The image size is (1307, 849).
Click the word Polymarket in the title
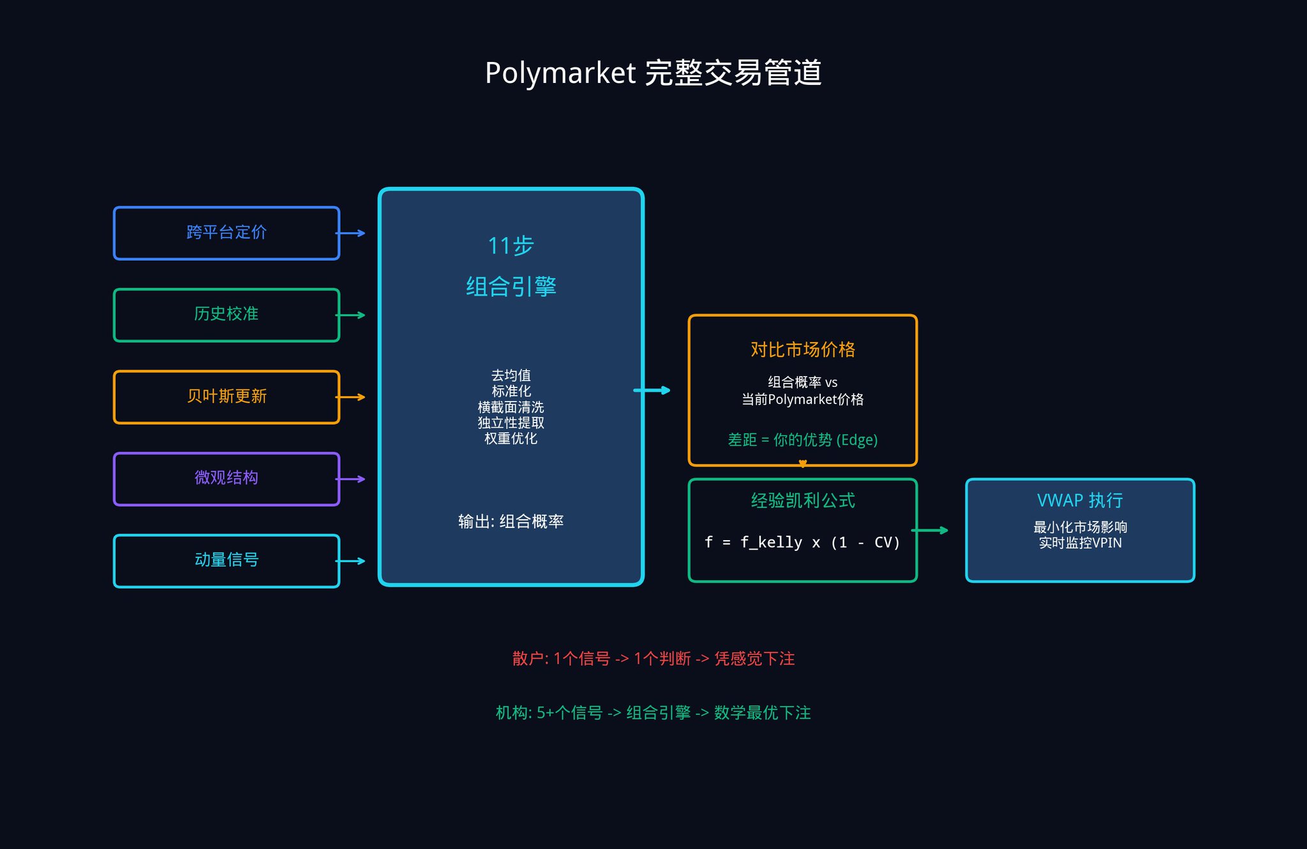tap(560, 73)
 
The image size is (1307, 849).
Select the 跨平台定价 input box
tap(227, 233)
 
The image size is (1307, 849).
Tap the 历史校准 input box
tap(227, 315)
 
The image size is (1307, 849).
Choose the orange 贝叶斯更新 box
tap(227, 396)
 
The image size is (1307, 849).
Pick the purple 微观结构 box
tap(227, 479)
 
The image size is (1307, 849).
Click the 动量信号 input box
tap(227, 560)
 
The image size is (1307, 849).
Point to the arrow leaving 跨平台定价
tap(351, 234)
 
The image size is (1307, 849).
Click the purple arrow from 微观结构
tap(351, 479)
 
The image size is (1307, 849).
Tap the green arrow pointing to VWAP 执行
tap(930, 530)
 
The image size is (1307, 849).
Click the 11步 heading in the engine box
tap(511, 246)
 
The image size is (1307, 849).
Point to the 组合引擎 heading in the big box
tap(511, 287)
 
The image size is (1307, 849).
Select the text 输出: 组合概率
tap(511, 522)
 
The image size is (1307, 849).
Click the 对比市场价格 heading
tap(802, 350)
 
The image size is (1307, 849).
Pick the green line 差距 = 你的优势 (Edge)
tap(802, 440)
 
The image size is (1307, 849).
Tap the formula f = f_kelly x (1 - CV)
tap(802, 543)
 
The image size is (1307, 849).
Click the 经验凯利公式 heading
tap(802, 500)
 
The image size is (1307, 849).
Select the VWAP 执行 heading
tap(1080, 500)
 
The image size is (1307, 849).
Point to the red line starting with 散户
tap(653, 659)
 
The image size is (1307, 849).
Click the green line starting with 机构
tap(653, 713)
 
